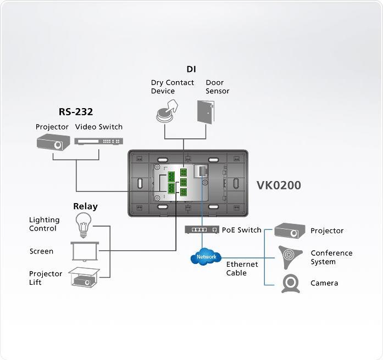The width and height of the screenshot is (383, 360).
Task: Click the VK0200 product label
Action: coord(279,185)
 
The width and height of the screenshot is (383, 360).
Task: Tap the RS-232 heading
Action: coord(76,112)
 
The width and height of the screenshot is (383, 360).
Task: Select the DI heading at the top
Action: coord(191,69)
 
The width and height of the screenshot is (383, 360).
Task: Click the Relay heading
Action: coord(85,206)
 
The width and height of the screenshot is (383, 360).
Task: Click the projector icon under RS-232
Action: coord(52,142)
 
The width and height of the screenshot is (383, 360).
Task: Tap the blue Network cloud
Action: coord(206,257)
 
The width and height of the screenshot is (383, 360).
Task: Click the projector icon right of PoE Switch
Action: coord(290,230)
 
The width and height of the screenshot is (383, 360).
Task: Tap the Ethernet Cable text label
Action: coord(242,269)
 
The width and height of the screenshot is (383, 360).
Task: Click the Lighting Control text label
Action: coord(43,224)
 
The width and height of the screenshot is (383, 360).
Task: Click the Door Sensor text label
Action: coord(218,87)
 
